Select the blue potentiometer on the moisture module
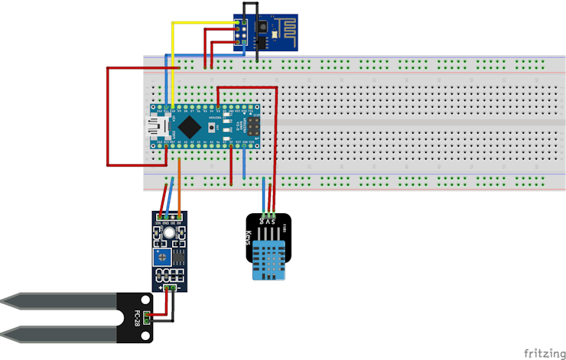(161, 255)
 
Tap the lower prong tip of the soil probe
(6, 332)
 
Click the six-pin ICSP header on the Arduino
(252, 125)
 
